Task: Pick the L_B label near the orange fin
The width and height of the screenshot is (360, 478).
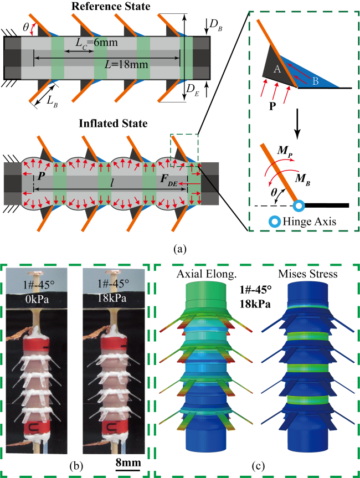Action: click(x=51, y=101)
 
